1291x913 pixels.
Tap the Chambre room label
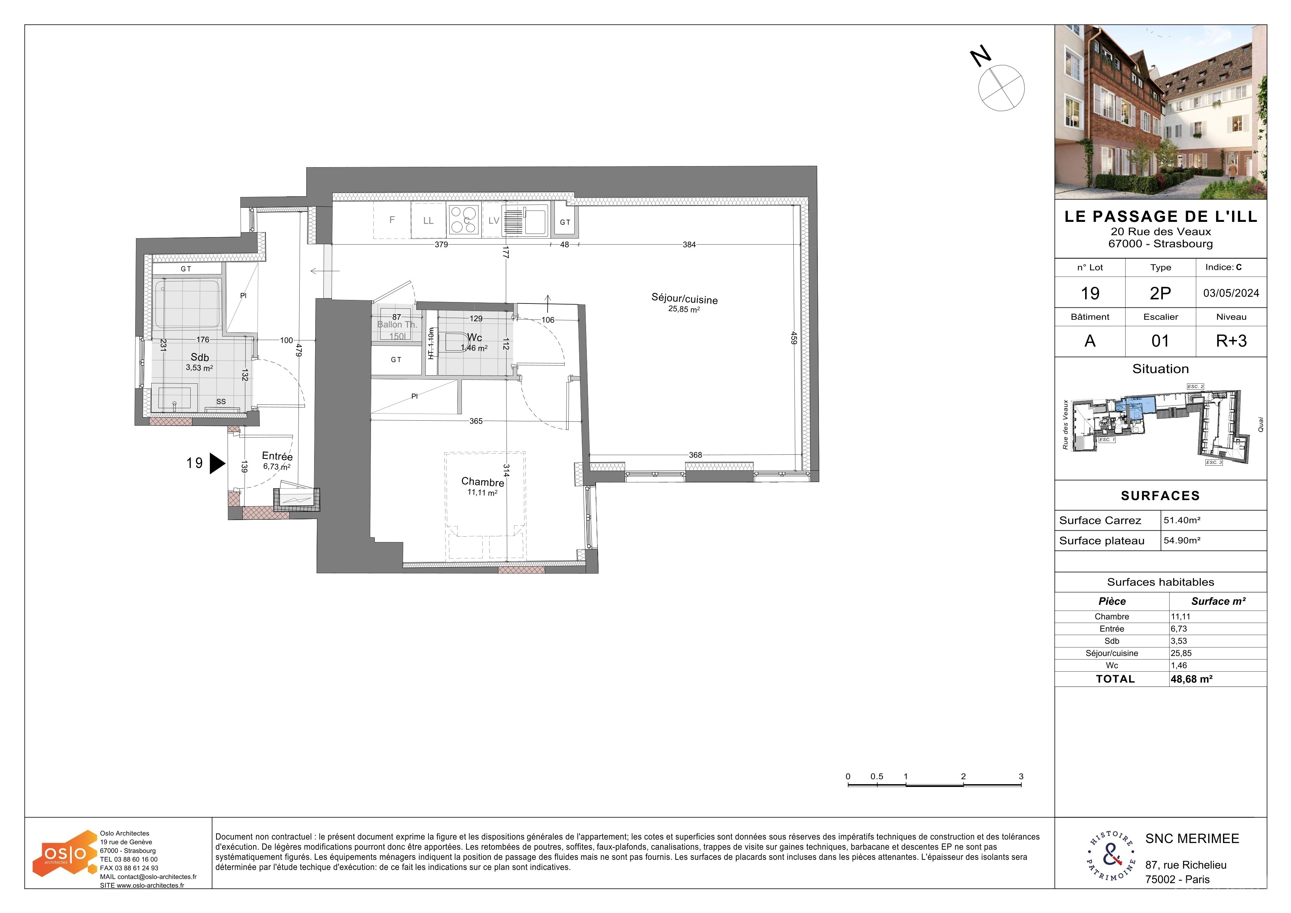(482, 482)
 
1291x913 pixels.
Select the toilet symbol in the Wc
(456, 342)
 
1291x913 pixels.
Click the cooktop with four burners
(463, 220)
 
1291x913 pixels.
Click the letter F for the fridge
(392, 220)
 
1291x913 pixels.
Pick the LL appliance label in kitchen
(428, 221)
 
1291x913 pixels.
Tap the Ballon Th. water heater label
(397, 325)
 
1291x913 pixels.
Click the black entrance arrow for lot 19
(217, 463)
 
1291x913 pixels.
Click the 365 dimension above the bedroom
(476, 421)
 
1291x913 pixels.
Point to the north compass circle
(1001, 88)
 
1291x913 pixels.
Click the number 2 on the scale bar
(963, 776)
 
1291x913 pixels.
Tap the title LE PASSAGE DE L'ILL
(1160, 217)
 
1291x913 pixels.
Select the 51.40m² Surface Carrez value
(1182, 520)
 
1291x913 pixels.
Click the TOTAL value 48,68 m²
(1192, 679)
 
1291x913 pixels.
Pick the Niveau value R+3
(1231, 341)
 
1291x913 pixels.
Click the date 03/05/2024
(1231, 293)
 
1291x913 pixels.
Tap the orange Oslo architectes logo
(65, 853)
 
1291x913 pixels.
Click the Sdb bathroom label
(199, 357)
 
